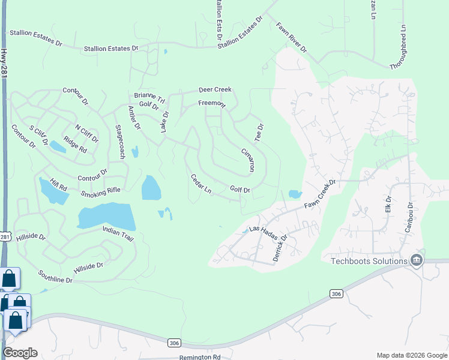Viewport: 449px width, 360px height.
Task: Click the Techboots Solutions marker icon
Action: click(416, 260)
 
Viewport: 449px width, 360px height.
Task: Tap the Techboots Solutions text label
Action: click(369, 260)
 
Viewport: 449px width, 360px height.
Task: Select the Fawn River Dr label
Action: click(291, 37)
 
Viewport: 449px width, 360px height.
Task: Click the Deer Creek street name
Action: click(215, 90)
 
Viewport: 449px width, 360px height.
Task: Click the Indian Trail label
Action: click(118, 234)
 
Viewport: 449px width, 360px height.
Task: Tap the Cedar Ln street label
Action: click(201, 185)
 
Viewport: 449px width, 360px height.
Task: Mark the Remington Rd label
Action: click(200, 357)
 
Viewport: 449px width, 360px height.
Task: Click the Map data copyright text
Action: click(411, 355)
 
